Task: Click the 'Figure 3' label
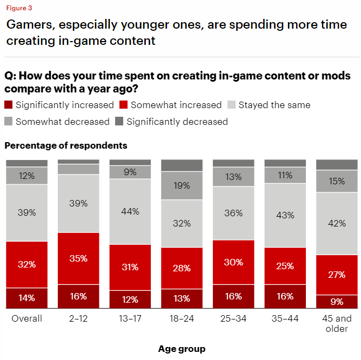tap(19, 8)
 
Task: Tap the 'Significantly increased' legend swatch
tap(9, 105)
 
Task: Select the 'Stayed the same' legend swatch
tap(231, 105)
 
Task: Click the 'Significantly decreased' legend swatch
tap(120, 122)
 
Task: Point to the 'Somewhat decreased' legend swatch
tap(9, 122)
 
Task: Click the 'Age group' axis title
tap(182, 349)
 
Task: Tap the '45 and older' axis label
tap(337, 323)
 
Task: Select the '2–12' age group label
tap(78, 318)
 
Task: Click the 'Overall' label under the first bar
tap(26, 318)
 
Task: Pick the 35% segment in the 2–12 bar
tap(78, 258)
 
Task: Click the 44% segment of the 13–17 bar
tap(130, 211)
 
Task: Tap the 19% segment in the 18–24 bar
tap(182, 185)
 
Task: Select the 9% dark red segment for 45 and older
tap(337, 302)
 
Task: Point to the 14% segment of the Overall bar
tap(26, 298)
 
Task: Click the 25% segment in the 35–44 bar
tap(285, 266)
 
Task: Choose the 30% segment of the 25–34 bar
tap(233, 262)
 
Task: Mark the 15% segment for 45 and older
tap(337, 182)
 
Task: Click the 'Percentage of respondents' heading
tap(66, 145)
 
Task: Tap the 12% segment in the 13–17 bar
tap(130, 299)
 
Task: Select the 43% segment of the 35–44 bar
tap(285, 215)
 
